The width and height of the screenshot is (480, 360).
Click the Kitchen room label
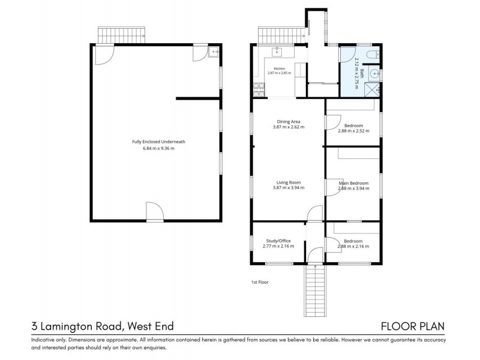coord(279,68)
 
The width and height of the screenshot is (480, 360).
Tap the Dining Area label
coord(289,122)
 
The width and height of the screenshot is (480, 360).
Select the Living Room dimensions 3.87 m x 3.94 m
coord(289,188)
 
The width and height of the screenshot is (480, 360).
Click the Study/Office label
coord(278,241)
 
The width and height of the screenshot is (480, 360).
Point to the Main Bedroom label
coord(353,183)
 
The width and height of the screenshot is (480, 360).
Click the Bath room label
coord(362,73)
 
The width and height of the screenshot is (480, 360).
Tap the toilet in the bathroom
coord(373,55)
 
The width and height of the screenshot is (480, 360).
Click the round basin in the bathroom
coord(374,74)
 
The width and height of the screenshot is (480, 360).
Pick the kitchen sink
coord(277,52)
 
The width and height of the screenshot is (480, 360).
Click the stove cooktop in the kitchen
coord(259,90)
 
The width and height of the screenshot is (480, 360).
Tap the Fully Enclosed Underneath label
coord(158,142)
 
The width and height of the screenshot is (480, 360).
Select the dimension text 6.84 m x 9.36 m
coord(158,148)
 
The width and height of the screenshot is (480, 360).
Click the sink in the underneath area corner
coord(214,52)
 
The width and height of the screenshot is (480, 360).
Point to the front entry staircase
coord(314,290)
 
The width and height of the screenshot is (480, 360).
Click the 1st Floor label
coord(260,282)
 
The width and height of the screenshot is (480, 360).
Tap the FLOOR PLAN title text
coord(413,326)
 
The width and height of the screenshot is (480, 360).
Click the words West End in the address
coord(151,326)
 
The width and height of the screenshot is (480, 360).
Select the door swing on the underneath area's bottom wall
coord(155,211)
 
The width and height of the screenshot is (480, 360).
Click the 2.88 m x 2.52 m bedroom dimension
coord(353,131)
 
